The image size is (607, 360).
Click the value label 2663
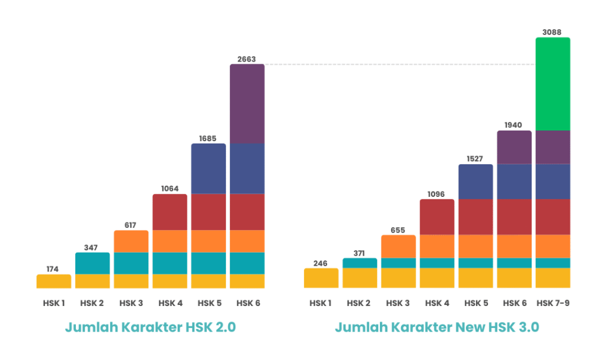(x=247, y=59)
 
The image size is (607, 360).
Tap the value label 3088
(x=552, y=32)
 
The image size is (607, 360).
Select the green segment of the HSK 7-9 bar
(x=552, y=84)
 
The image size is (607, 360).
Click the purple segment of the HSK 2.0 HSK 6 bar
(x=247, y=104)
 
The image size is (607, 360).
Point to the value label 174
(x=53, y=269)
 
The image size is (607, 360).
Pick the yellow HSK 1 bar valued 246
(x=321, y=278)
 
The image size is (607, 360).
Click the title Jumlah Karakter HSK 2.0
(x=150, y=327)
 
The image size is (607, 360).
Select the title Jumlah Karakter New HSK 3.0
(x=437, y=327)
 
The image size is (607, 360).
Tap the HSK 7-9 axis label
(x=552, y=304)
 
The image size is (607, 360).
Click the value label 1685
(x=208, y=138)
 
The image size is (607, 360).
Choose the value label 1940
(x=514, y=125)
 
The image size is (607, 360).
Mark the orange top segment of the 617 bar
(x=131, y=241)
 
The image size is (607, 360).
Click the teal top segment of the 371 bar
(x=360, y=263)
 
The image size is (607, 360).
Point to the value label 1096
(x=437, y=194)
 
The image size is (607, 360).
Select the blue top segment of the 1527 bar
(x=475, y=181)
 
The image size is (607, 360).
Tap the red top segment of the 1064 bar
(x=170, y=212)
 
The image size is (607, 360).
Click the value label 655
(x=398, y=230)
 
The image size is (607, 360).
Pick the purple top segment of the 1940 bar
(x=514, y=147)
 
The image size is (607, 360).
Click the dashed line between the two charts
(x=400, y=64)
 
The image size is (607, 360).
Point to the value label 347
(x=92, y=247)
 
